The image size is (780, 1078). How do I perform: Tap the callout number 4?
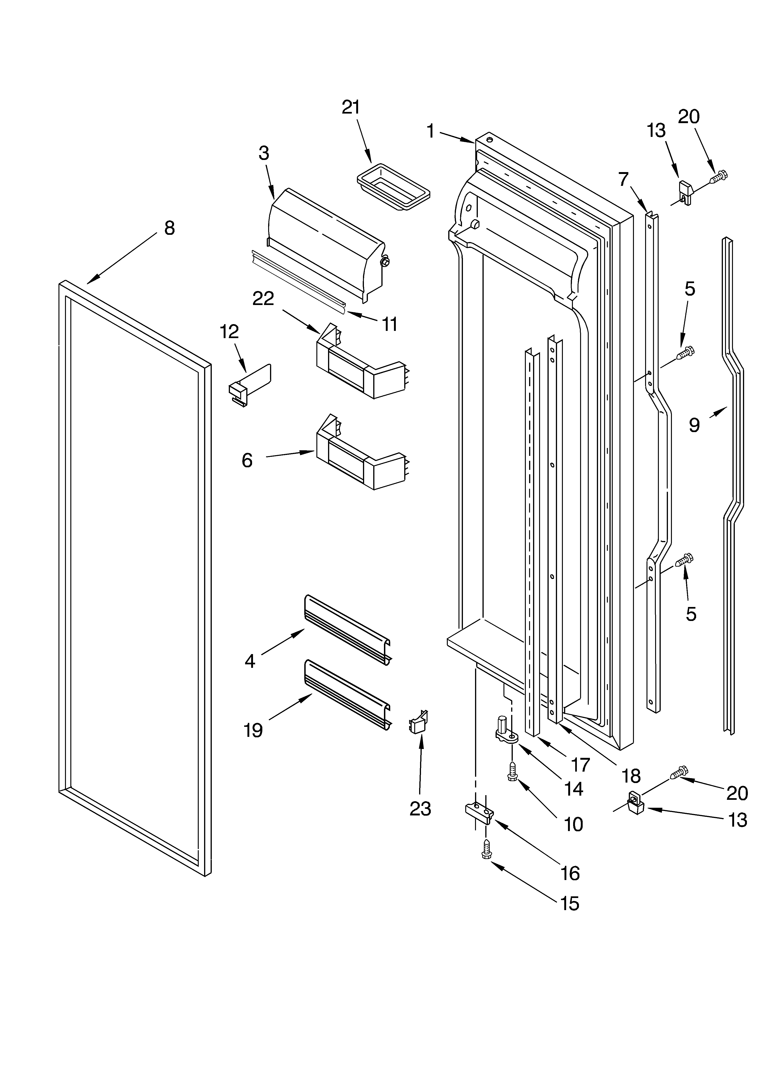[250, 661]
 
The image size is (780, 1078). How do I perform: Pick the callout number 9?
[694, 425]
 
